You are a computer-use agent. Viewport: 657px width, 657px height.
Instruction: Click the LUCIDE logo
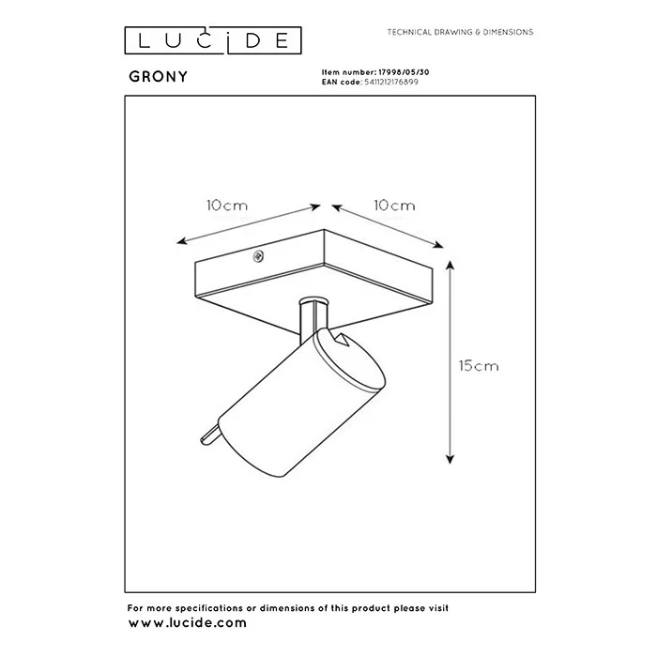pyautogui.click(x=213, y=40)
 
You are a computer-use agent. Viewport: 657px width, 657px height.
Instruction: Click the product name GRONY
pyautogui.click(x=159, y=77)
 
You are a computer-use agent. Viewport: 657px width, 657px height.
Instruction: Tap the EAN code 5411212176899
pyautogui.click(x=391, y=83)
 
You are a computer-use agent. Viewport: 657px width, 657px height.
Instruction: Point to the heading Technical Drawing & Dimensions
pyautogui.click(x=460, y=32)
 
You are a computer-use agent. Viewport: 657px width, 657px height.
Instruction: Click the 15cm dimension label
pyautogui.click(x=479, y=366)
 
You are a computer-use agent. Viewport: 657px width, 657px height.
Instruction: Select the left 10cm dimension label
pyautogui.click(x=227, y=206)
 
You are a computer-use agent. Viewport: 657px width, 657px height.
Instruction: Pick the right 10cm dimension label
pyautogui.click(x=394, y=206)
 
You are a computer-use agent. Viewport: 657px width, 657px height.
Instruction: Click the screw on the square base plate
pyautogui.click(x=258, y=256)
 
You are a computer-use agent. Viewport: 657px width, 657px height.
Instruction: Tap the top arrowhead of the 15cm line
pyautogui.click(x=450, y=265)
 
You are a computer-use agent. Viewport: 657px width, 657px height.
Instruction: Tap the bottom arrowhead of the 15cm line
pyautogui.click(x=450, y=459)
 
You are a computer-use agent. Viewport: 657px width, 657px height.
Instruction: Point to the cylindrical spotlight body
pyautogui.click(x=301, y=403)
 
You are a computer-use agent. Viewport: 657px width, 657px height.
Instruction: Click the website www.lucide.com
pyautogui.click(x=188, y=623)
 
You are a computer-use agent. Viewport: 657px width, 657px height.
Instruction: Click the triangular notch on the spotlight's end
pyautogui.click(x=341, y=339)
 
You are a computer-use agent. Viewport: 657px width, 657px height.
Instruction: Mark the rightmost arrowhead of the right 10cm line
pyautogui.click(x=438, y=245)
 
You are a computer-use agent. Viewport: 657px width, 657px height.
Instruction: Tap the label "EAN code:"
pyautogui.click(x=342, y=83)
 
